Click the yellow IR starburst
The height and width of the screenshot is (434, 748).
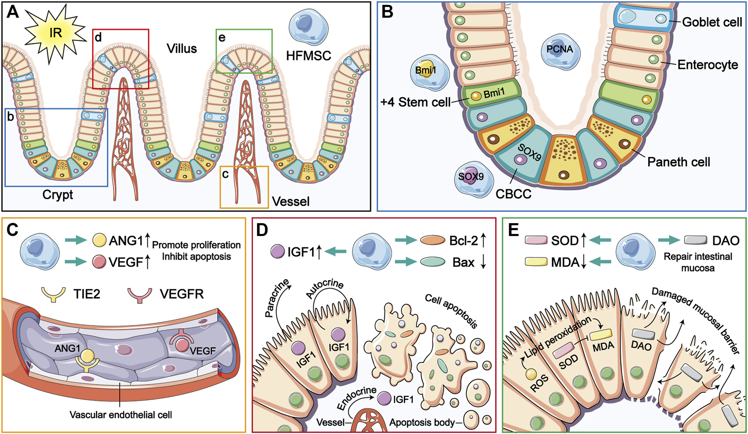click(55, 33)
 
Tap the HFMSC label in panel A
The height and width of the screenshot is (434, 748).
click(308, 56)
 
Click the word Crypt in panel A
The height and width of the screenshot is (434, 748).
click(58, 195)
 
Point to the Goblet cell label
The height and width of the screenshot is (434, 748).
click(712, 22)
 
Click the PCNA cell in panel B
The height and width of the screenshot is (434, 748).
click(559, 49)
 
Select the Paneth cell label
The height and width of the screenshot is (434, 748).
click(679, 162)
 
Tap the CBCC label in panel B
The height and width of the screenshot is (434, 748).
click(514, 194)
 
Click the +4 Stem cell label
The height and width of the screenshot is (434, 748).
click(416, 102)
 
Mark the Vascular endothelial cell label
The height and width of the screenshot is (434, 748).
click(121, 415)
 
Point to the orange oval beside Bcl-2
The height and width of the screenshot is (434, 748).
click(433, 240)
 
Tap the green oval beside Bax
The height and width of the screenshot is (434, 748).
click(433, 262)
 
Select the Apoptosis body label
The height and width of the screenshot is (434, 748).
click(422, 422)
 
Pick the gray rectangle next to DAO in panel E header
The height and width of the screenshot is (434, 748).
click(695, 240)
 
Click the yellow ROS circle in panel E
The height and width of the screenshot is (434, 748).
click(531, 374)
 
